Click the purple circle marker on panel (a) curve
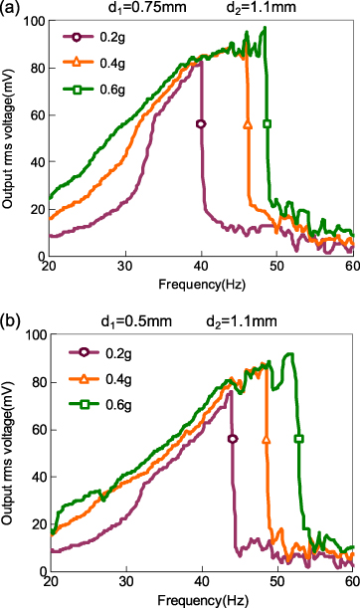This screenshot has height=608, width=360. pyautogui.click(x=201, y=124)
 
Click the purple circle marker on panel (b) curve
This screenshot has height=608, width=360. pyautogui.click(x=233, y=439)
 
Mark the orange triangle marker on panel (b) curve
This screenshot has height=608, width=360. pyautogui.click(x=266, y=439)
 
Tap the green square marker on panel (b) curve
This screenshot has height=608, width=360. pyautogui.click(x=299, y=439)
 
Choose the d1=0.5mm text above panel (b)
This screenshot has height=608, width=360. pyautogui.click(x=133, y=322)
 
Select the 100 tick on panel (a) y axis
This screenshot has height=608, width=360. pyautogui.click(x=31, y=21)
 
